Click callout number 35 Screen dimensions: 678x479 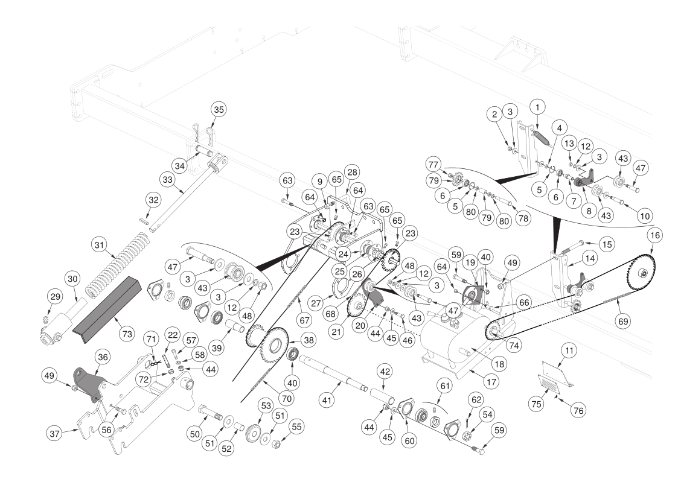click(219, 109)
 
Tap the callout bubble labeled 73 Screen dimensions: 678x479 click(127, 334)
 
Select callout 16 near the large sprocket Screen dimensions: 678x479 click(655, 235)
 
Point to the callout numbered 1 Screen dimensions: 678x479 click(537, 107)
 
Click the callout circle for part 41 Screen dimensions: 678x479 click(327, 401)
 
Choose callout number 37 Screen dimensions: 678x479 click(55, 433)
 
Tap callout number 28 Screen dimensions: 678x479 click(353, 173)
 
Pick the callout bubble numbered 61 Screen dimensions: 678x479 click(445, 385)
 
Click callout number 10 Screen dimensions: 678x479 click(645, 215)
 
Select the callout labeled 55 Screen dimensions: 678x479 click(296, 427)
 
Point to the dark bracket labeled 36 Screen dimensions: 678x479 click(89, 383)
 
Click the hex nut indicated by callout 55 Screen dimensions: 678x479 click(277, 443)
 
